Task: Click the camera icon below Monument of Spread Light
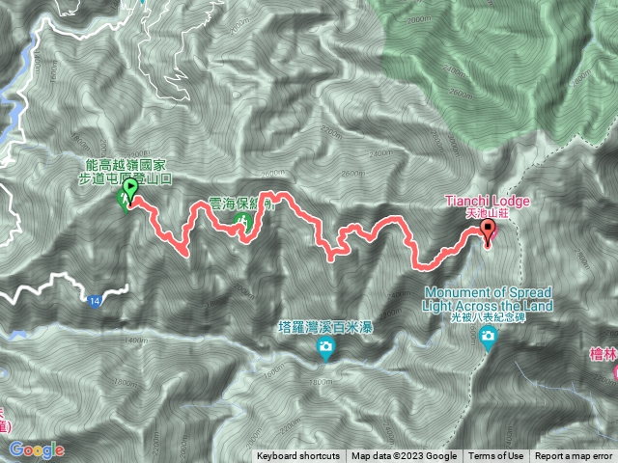click(x=489, y=335)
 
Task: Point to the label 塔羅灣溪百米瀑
click(x=325, y=328)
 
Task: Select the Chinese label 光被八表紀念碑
click(x=473, y=316)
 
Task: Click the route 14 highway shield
click(x=94, y=302)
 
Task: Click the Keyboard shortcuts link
click(x=297, y=456)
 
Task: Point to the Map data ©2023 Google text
click(x=404, y=456)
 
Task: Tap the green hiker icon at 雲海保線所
click(x=246, y=223)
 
